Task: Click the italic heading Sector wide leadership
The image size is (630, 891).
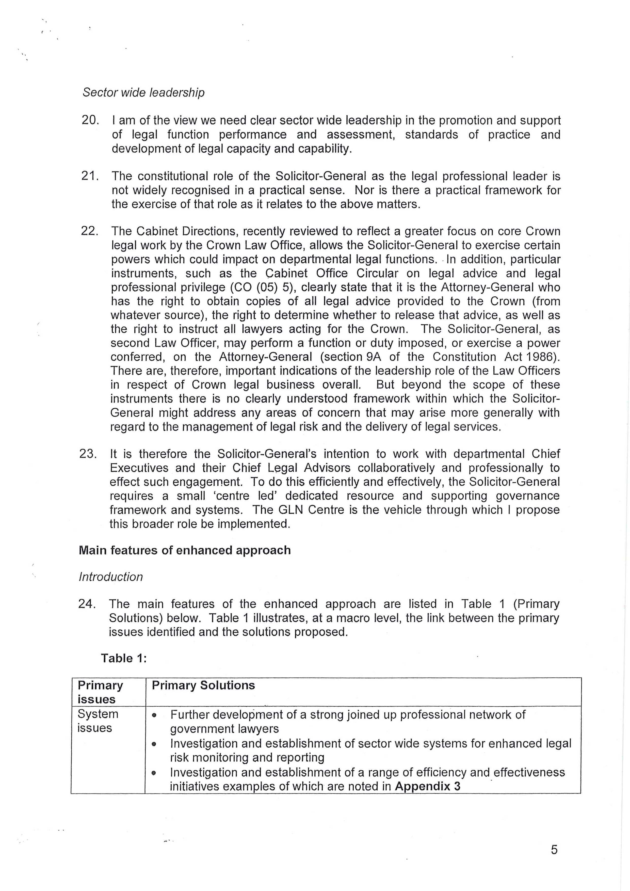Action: point(143,92)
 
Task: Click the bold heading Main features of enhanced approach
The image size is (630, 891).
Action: point(185,550)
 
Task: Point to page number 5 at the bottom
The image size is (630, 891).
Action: point(554,850)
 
